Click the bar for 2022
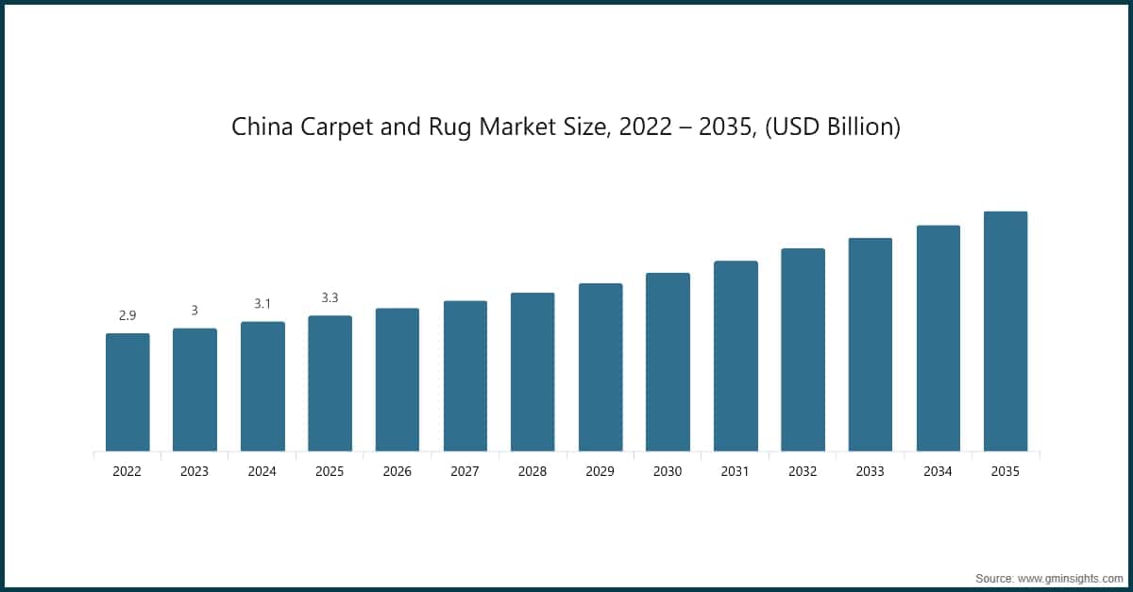pyautogui.click(x=127, y=392)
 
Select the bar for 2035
pyautogui.click(x=1006, y=330)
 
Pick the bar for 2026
pyautogui.click(x=397, y=380)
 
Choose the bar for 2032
pyautogui.click(x=803, y=349)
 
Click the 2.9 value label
pyautogui.click(x=127, y=315)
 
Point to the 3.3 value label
pyautogui.click(x=330, y=297)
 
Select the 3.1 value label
pyautogui.click(x=262, y=304)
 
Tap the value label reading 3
pyautogui.click(x=194, y=311)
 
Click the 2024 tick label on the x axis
pyautogui.click(x=262, y=471)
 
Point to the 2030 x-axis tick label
pyautogui.click(x=668, y=471)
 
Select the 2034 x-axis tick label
pyautogui.click(x=938, y=471)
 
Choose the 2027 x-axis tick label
pyautogui.click(x=465, y=471)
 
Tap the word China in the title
pyautogui.click(x=257, y=127)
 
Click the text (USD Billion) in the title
pyautogui.click(x=832, y=127)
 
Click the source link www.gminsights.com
pyautogui.click(x=1070, y=576)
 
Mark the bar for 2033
pyautogui.click(x=871, y=345)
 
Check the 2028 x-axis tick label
pyautogui.click(x=533, y=471)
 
